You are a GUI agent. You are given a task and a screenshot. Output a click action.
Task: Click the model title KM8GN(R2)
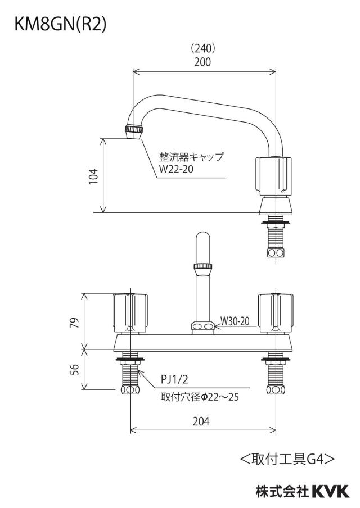point(60,25)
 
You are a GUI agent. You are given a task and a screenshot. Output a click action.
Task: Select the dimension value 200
point(202,62)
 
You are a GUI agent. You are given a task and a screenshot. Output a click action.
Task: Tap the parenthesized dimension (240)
point(202,48)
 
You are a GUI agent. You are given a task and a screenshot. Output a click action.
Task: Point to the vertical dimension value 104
point(93,176)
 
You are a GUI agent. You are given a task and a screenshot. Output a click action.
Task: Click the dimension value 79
point(75,323)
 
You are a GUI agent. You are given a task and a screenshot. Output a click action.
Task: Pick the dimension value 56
point(75,369)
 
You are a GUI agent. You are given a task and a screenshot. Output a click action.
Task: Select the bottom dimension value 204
point(201,421)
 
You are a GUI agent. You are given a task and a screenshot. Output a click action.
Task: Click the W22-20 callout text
point(175,169)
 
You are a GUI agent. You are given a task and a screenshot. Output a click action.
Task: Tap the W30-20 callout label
point(235,321)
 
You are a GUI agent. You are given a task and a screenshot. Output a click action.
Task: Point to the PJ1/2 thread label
point(174,379)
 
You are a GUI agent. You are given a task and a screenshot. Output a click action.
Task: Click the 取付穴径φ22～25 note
point(200,397)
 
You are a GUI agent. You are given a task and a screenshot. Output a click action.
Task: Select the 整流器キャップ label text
point(191,157)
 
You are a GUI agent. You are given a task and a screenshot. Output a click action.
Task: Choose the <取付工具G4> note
point(287,459)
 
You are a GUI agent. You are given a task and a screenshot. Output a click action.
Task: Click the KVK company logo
point(331,491)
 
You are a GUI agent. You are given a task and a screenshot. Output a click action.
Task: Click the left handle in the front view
point(130,313)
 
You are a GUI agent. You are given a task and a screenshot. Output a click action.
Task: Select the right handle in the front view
point(276,313)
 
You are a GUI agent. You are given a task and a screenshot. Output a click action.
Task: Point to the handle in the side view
point(274,176)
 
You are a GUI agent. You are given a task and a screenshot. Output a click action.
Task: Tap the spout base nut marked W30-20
point(203,328)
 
